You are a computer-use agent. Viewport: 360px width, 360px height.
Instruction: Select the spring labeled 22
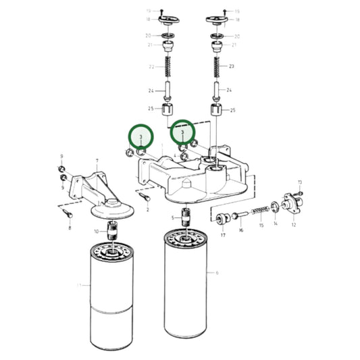pyautogui.click(x=167, y=68)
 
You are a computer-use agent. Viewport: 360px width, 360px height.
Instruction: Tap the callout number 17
pyautogui.click(x=223, y=235)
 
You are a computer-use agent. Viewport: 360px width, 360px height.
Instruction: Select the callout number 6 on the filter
pyautogui.click(x=217, y=273)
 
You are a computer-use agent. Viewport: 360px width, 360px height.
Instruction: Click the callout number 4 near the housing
pyautogui.click(x=174, y=156)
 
